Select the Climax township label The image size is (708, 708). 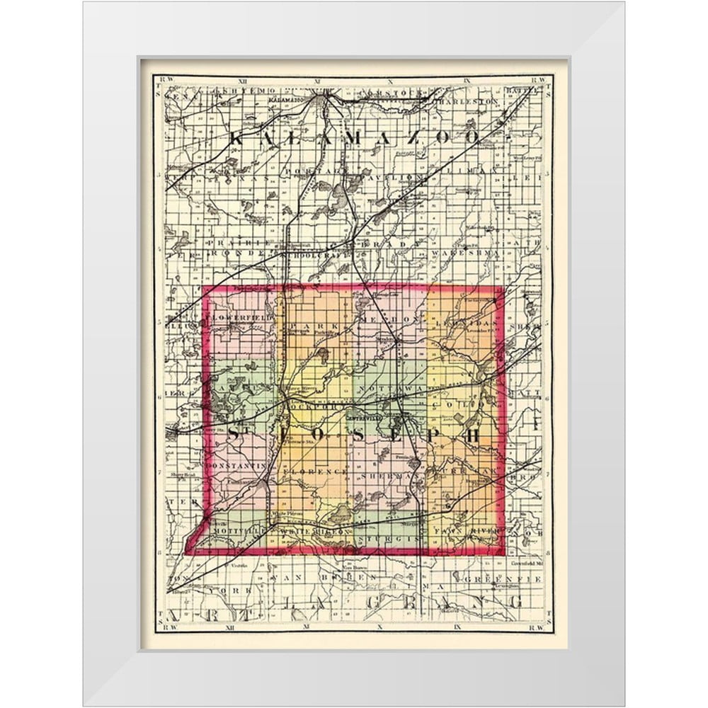coord(481,173)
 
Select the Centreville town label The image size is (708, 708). coord(366,418)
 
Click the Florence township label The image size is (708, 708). coord(315,470)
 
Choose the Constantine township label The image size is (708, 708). coord(239,466)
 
